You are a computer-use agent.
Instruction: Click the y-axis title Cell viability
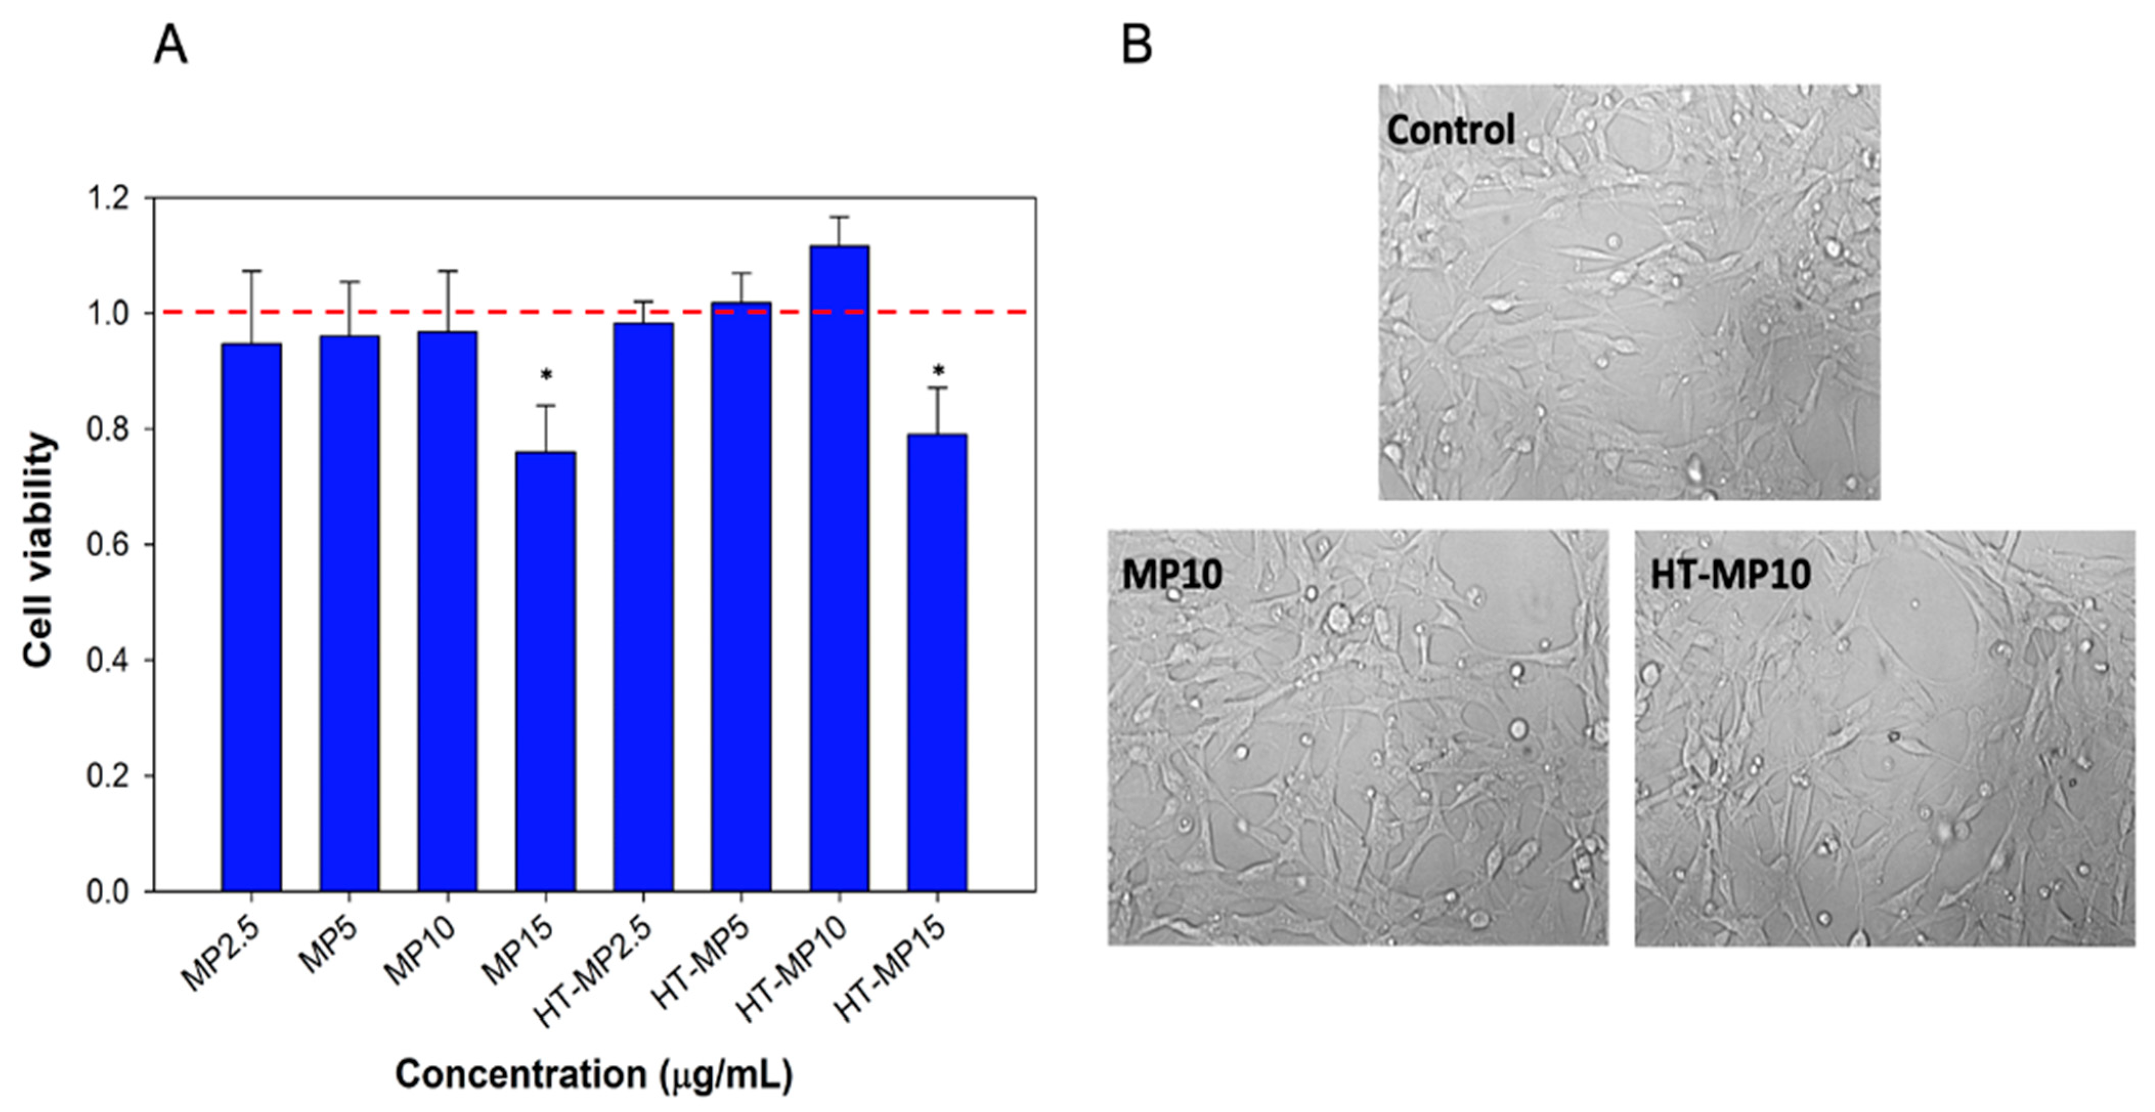click(x=38, y=550)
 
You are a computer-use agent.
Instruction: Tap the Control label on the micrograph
click(x=1450, y=129)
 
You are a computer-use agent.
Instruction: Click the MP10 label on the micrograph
click(x=1172, y=574)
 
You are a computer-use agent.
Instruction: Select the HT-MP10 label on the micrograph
click(x=1730, y=574)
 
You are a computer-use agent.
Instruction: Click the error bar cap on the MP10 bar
click(x=448, y=271)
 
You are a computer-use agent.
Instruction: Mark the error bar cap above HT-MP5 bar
click(x=741, y=273)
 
